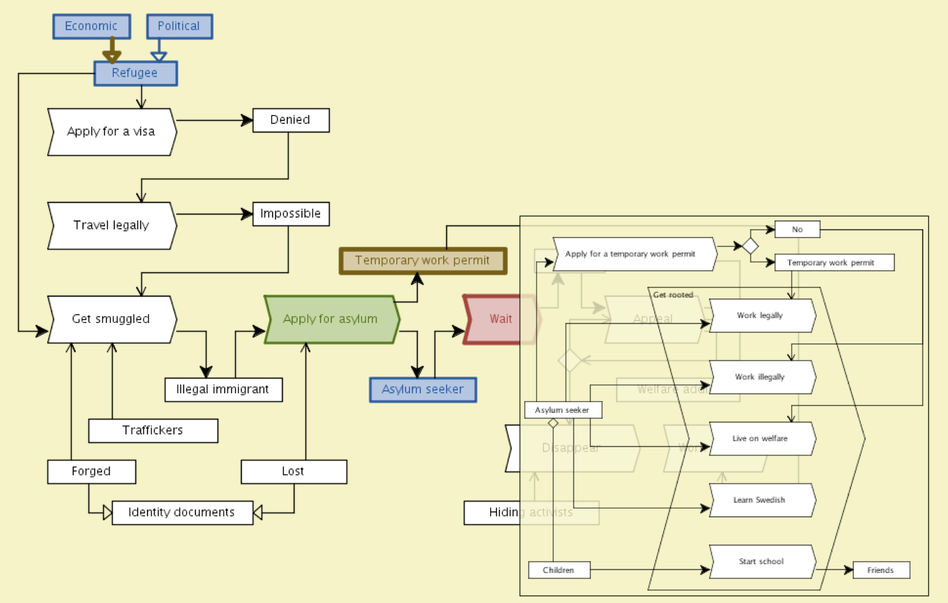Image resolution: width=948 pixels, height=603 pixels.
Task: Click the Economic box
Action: coord(91,27)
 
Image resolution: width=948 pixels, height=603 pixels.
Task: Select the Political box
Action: coord(179,27)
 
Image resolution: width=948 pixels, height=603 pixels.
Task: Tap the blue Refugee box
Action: coord(135,73)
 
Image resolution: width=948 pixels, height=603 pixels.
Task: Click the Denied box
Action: coord(291,120)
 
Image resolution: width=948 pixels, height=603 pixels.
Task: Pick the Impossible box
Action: coord(291,214)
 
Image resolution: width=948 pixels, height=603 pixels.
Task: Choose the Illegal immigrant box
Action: coord(223,390)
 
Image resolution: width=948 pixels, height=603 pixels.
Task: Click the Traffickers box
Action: coord(153,430)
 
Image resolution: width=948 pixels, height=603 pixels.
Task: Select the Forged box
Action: coord(91,472)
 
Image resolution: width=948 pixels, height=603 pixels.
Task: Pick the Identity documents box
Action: coord(182,513)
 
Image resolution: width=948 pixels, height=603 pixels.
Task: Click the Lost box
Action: coord(293,472)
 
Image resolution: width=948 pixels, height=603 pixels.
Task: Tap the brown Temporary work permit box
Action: coord(423,261)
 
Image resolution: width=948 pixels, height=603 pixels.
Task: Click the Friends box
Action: coord(881,570)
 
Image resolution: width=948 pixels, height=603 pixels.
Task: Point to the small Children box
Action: coord(559,570)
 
